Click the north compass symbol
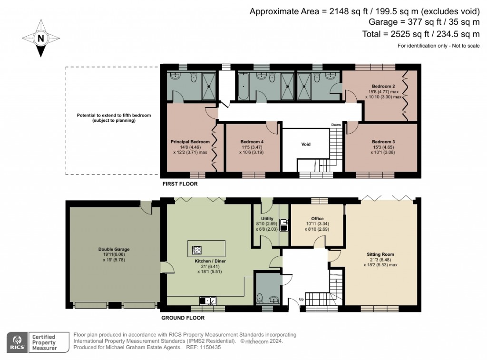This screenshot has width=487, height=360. tap(41, 38)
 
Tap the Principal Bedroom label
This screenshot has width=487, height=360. tap(190, 142)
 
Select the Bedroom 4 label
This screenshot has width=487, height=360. tap(252, 142)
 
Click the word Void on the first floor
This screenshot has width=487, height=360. tap(306, 144)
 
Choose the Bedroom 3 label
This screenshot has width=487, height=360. tap(383, 142)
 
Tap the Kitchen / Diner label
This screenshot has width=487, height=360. tap(210, 261)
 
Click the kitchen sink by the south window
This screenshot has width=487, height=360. tap(208, 300)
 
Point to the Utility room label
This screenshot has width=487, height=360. tap(267, 218)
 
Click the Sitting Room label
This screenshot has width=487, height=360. tap(380, 254)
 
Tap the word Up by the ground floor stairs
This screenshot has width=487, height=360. tap(301, 300)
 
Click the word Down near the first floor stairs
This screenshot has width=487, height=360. tap(336, 125)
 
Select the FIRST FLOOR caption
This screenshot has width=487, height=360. tap(180, 184)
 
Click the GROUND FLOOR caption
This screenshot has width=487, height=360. tap(183, 318)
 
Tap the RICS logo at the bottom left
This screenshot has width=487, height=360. tap(18, 342)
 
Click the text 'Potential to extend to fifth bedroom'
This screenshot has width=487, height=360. tap(114, 116)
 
